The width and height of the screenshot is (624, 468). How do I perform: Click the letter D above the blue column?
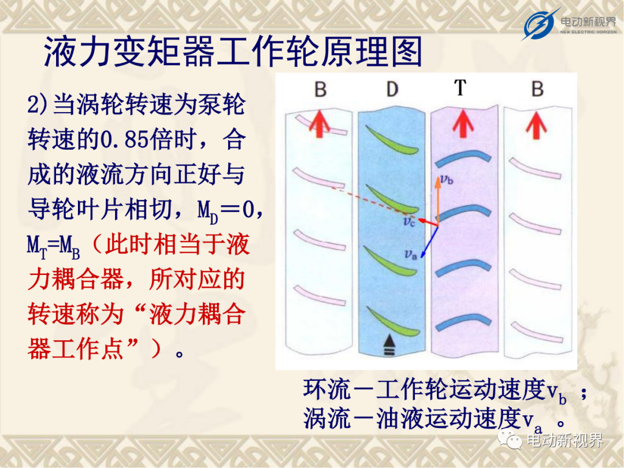coord(392,89)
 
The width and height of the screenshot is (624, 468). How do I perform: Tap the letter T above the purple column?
coord(460,88)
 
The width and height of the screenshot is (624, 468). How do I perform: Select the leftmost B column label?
coord(321,89)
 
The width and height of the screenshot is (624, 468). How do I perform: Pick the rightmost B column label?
coord(538,89)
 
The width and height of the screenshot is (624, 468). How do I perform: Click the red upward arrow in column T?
coord(463,124)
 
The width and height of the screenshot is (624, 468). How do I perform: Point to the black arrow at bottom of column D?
coord(389,344)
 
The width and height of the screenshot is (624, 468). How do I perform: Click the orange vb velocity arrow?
coord(438,201)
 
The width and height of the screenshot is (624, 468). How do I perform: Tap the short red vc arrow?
coord(428,222)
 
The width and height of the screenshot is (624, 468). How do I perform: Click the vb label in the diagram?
coord(447,180)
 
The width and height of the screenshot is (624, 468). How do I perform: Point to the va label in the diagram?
coord(410,254)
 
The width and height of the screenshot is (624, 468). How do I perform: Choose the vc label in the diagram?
coord(409,221)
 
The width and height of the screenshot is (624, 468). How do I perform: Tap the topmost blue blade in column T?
coord(463,158)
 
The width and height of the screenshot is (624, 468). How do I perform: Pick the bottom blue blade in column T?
coord(463,322)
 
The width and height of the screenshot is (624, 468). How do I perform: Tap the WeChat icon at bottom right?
coord(510,439)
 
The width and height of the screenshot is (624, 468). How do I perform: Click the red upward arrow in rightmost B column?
coord(536,125)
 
